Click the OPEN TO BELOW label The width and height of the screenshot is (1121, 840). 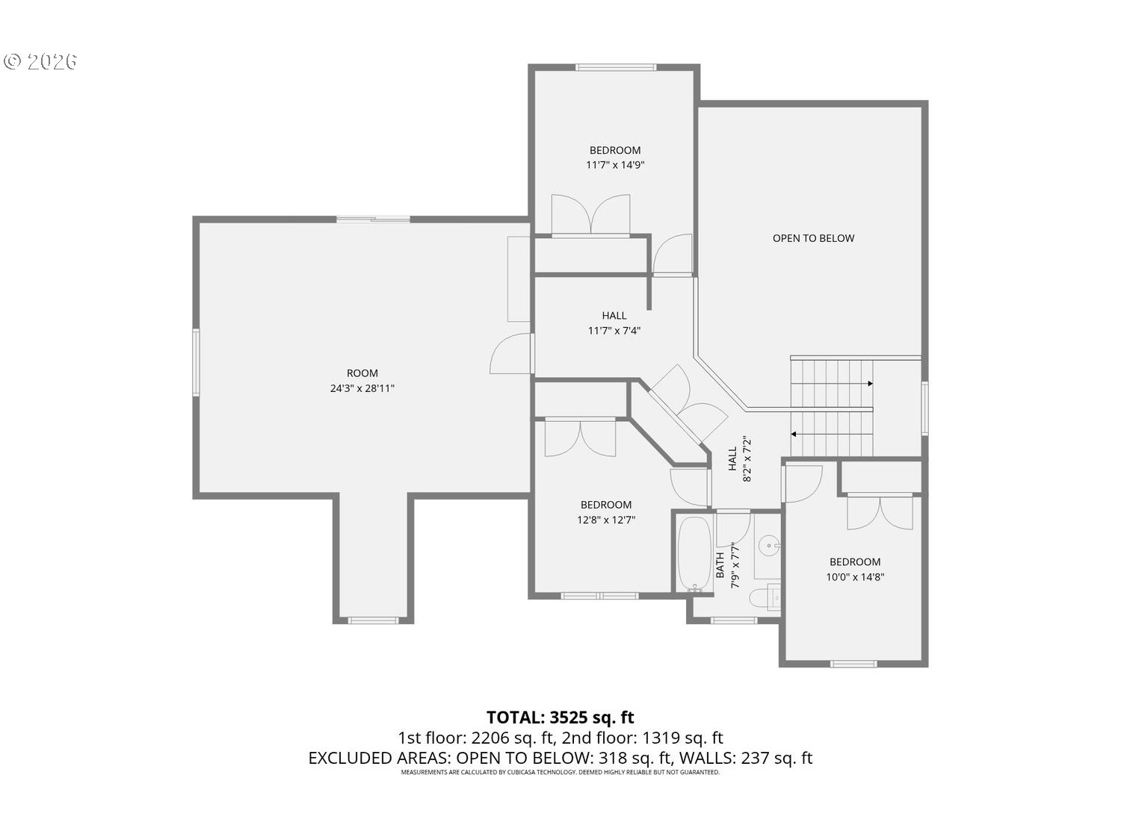pyautogui.click(x=813, y=238)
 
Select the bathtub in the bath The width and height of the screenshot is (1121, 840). pyautogui.click(x=694, y=554)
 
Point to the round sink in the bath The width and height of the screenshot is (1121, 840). pyautogui.click(x=768, y=547)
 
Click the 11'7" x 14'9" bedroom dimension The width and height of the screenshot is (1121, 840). pyautogui.click(x=615, y=165)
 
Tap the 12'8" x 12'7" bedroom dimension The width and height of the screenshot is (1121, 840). pyautogui.click(x=605, y=520)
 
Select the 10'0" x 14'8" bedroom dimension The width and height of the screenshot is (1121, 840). pyautogui.click(x=855, y=577)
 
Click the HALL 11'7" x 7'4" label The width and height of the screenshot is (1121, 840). pyautogui.click(x=614, y=323)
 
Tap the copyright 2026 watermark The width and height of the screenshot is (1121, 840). pyautogui.click(x=40, y=61)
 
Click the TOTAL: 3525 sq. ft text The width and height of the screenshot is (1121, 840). pyautogui.click(x=560, y=718)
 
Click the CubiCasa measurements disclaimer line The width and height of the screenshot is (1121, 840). pyautogui.click(x=560, y=772)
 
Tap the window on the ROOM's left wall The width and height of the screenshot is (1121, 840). pyautogui.click(x=196, y=361)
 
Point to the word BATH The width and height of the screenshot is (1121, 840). pyautogui.click(x=720, y=565)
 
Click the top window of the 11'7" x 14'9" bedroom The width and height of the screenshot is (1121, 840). pyautogui.click(x=616, y=66)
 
